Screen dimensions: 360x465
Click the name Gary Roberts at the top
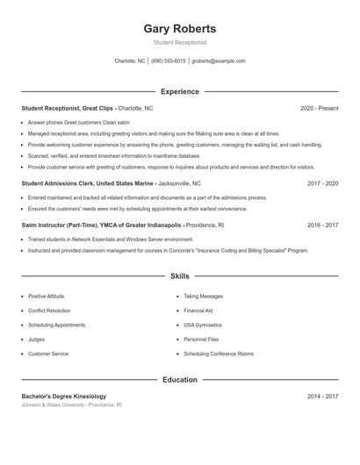(x=180, y=28)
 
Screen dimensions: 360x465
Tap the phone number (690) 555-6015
(x=169, y=61)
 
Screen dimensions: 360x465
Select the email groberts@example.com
(x=219, y=61)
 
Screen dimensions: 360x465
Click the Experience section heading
(x=180, y=91)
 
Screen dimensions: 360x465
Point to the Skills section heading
(x=180, y=276)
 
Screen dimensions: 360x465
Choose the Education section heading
(x=180, y=380)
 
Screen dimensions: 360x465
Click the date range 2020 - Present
(x=319, y=108)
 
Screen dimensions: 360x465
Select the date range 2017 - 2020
(x=322, y=184)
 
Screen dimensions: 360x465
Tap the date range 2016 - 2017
(x=322, y=225)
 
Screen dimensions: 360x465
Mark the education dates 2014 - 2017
(x=322, y=397)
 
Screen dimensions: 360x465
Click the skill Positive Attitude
(x=47, y=297)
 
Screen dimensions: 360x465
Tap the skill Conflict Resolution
(x=49, y=311)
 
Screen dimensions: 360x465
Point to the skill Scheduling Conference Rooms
(x=219, y=354)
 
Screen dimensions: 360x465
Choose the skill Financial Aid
(x=198, y=311)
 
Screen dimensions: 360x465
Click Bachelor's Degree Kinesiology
(x=64, y=397)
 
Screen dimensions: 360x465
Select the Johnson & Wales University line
(x=71, y=405)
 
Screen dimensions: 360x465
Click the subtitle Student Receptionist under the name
(x=180, y=42)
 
